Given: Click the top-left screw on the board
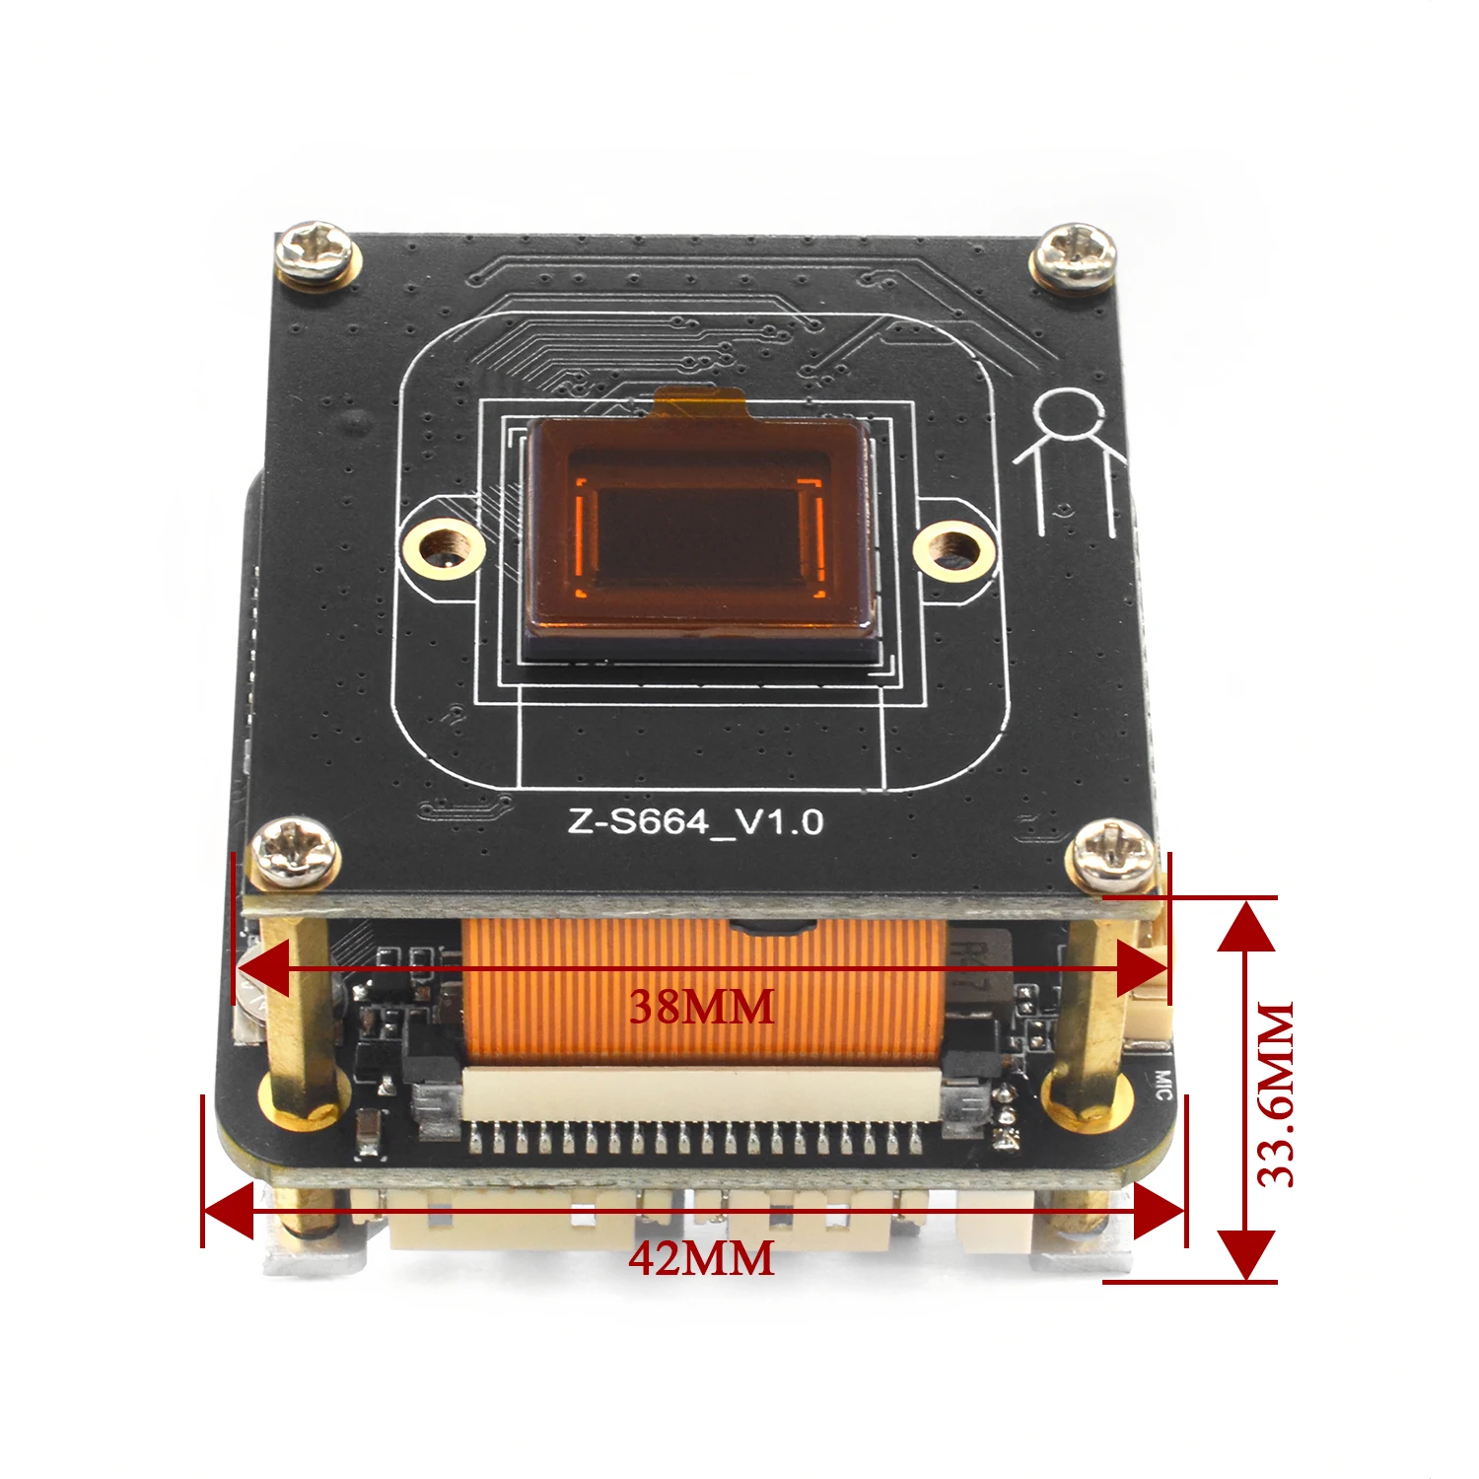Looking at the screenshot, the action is [x=316, y=253].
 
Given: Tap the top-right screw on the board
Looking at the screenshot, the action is [x=1075, y=255].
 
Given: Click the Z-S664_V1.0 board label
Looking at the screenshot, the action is [x=695, y=821].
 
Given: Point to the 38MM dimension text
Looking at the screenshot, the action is [x=702, y=1007].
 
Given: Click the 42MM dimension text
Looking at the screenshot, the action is [x=702, y=1259].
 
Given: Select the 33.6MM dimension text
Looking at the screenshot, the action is [x=1276, y=1094].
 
